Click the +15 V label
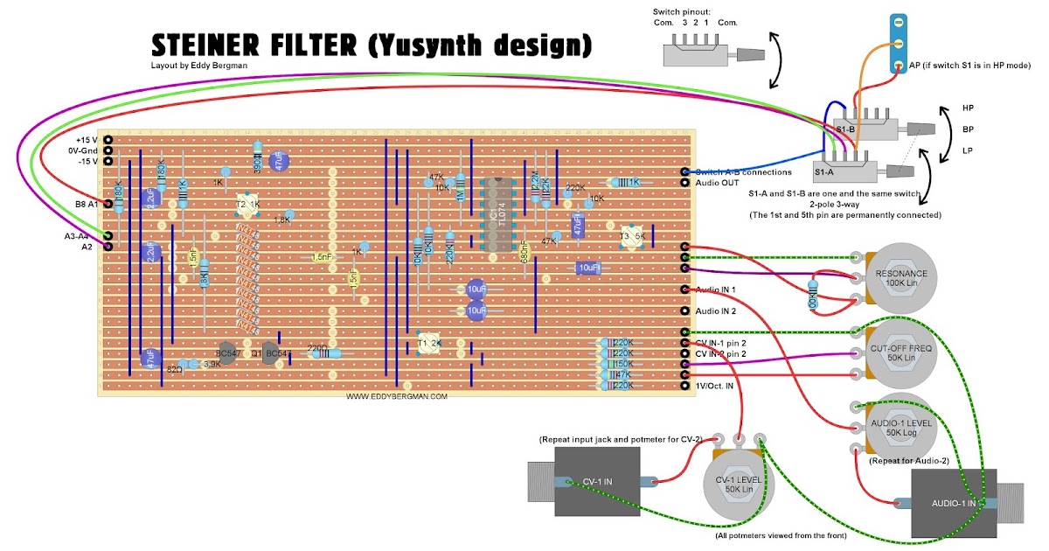pos(87,140)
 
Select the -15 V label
pos(87,161)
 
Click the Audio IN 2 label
pos(716,311)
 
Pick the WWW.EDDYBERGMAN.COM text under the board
pos(397,396)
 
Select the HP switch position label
pos(968,108)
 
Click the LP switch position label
pos(968,150)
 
